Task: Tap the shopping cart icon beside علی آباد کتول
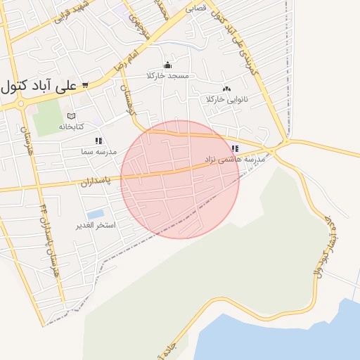85,85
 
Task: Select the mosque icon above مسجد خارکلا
167,65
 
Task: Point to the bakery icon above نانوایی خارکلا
226,89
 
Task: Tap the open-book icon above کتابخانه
70,116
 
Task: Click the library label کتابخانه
70,127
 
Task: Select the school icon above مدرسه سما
98,141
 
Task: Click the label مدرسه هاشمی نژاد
236,160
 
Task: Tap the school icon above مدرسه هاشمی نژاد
235,148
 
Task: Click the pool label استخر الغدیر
96,226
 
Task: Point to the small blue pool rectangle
96,214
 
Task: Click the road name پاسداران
77,182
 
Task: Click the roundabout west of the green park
20,104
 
